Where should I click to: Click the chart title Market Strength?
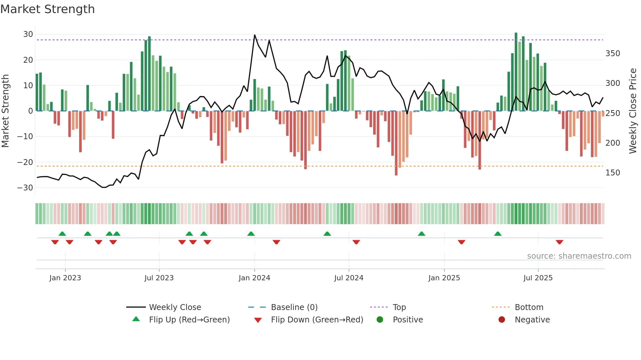pyautogui.click(x=47, y=9)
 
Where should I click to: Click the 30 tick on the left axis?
pyautogui.click(x=28, y=34)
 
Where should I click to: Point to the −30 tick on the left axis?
pyautogui.click(x=25, y=188)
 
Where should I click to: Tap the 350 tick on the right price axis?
pyautogui.click(x=613, y=54)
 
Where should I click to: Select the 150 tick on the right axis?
pyautogui.click(x=613, y=173)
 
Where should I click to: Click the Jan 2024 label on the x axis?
pyautogui.click(x=254, y=278)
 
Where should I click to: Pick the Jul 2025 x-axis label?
pyautogui.click(x=538, y=278)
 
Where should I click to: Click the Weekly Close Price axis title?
pyautogui.click(x=633, y=111)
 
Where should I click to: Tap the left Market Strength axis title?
pyautogui.click(x=5, y=111)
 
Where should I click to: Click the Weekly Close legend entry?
pyautogui.click(x=175, y=307)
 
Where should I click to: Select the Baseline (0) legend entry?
pyautogui.click(x=294, y=307)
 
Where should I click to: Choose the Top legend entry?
pyautogui.click(x=399, y=307)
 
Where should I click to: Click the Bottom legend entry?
pyautogui.click(x=529, y=307)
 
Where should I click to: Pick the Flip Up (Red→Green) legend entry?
pyautogui.click(x=189, y=320)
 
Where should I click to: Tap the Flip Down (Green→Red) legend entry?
pyautogui.click(x=317, y=320)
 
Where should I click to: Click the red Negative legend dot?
pyautogui.click(x=501, y=319)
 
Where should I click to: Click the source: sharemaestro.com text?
pyautogui.click(x=579, y=256)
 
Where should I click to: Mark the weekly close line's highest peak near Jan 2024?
pyautogui.click(x=255, y=35)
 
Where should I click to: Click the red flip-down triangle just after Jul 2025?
pyautogui.click(x=559, y=242)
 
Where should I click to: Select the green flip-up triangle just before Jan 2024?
pyautogui.click(x=251, y=234)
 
